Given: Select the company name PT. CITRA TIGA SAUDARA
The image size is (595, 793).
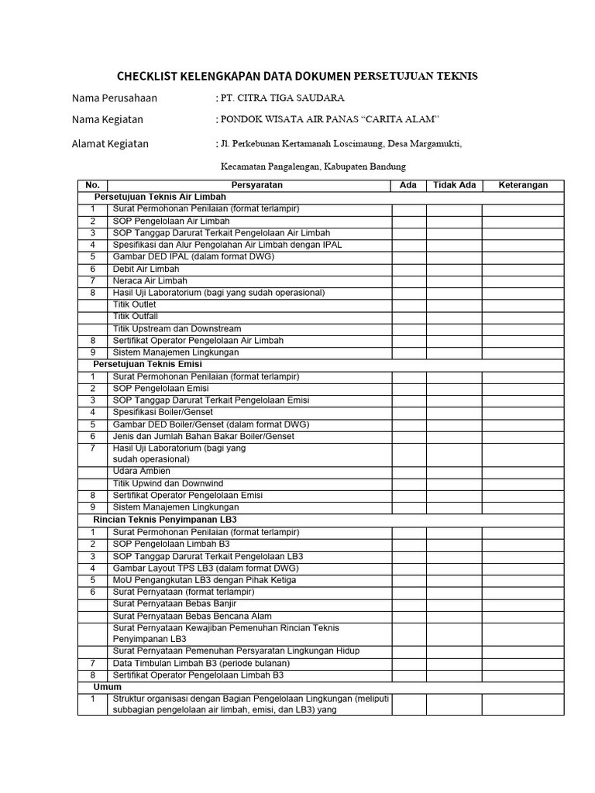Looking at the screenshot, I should pyautogui.click(x=282, y=98).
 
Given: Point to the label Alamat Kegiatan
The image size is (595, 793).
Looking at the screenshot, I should pyautogui.click(x=110, y=143).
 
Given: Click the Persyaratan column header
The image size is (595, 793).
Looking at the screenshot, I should pyautogui.click(x=257, y=185).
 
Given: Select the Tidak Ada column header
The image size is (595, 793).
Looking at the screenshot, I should pyautogui.click(x=454, y=185).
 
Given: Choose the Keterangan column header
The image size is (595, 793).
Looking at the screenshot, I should pyautogui.click(x=523, y=185).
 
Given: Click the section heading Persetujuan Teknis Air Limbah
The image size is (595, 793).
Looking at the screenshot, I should pyautogui.click(x=155, y=197).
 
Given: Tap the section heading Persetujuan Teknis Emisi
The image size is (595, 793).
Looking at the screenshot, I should pyautogui.click(x=147, y=364).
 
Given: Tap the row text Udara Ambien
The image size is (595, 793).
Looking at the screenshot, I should pyautogui.click(x=141, y=471).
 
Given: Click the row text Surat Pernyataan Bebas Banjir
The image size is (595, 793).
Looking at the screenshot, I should pyautogui.click(x=174, y=603).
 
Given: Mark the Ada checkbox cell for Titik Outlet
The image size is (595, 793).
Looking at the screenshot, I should pyautogui.click(x=408, y=304).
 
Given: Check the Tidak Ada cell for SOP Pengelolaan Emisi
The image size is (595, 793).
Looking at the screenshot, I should pyautogui.click(x=454, y=388).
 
